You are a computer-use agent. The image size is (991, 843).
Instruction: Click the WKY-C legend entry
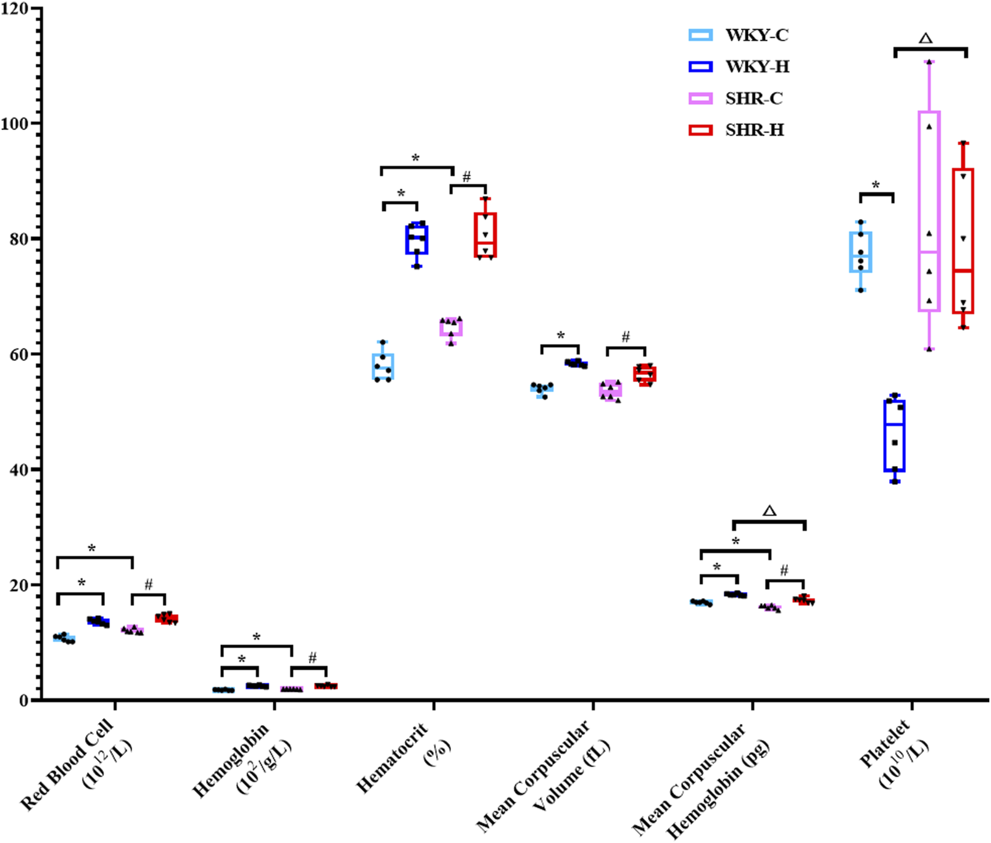(738, 35)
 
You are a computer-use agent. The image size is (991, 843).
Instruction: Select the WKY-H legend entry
(739, 67)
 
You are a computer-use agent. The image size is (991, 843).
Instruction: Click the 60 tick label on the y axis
(19, 354)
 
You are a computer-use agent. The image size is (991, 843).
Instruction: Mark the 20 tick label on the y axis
(19, 585)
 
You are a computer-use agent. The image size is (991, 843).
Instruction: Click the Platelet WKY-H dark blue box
(895, 435)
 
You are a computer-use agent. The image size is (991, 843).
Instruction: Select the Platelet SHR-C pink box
(929, 211)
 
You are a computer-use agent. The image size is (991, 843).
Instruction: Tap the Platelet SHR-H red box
(963, 241)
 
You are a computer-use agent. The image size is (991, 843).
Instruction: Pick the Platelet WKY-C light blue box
(860, 252)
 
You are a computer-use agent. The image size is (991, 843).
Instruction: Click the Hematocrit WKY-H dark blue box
(417, 240)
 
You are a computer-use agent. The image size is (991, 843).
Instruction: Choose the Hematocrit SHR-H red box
(485, 235)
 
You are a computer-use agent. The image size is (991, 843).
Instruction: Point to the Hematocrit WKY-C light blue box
(383, 366)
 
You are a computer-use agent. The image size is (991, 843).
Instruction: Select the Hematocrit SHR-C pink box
(451, 327)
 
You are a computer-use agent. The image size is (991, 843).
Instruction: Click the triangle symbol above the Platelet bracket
(925, 39)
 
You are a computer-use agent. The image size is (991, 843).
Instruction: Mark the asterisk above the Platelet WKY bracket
(876, 184)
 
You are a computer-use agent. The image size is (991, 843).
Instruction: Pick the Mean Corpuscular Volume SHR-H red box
(645, 374)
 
